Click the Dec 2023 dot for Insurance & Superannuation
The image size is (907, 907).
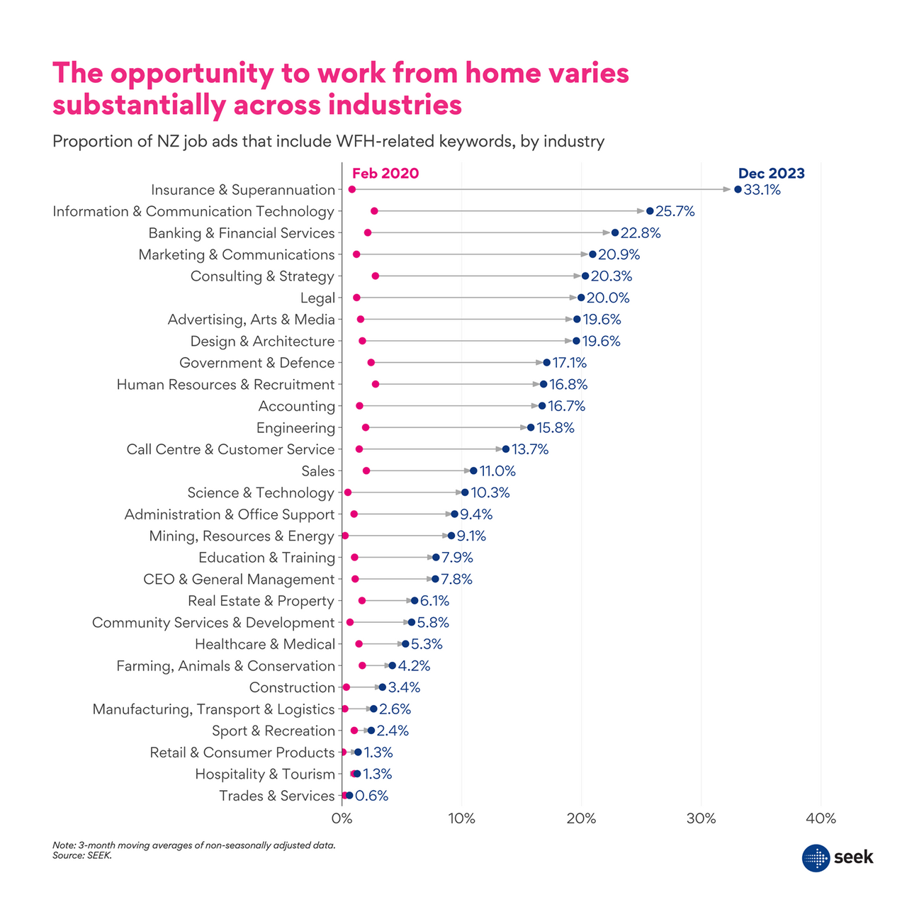click(x=738, y=189)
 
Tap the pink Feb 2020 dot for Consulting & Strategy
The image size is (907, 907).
click(x=375, y=276)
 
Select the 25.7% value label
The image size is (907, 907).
click(x=675, y=211)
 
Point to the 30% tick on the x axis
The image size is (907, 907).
click(x=701, y=818)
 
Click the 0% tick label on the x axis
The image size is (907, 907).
click(x=342, y=818)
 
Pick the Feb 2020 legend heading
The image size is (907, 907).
click(x=385, y=174)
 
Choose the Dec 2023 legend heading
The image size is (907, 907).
click(x=771, y=174)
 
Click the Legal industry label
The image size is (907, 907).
click(x=317, y=298)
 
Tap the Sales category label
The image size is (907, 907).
click(x=317, y=471)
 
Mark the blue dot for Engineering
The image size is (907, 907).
click(x=531, y=427)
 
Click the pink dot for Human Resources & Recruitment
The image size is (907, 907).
click(x=375, y=384)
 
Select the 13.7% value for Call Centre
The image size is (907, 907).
click(x=529, y=449)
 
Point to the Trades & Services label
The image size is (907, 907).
click(x=276, y=796)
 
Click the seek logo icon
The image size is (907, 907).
click(x=816, y=857)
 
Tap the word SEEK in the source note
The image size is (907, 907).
click(x=100, y=855)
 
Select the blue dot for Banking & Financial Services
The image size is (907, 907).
click(x=615, y=232)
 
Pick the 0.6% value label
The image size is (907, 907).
click(x=371, y=796)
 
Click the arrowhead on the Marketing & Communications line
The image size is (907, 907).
click(x=585, y=254)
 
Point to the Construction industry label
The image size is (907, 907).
click(x=292, y=687)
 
